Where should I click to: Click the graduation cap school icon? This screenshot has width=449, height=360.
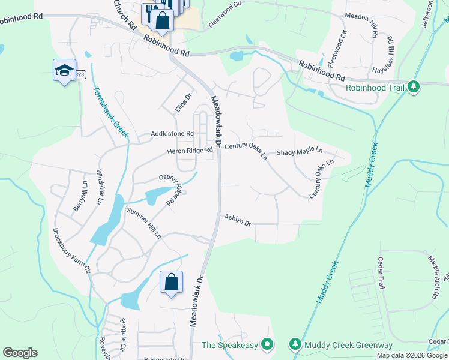coord(64,71)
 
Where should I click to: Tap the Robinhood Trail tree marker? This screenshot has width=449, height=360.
coord(413,87)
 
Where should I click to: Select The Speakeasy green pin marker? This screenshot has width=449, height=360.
coord(268,344)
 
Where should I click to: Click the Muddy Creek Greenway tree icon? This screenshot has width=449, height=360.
coord(295,344)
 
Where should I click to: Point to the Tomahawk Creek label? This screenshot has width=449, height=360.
coord(111,112)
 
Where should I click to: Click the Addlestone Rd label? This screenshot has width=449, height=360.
coord(173,133)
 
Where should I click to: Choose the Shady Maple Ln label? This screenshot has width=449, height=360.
coord(300,152)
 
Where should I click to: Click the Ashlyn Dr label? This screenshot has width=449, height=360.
coord(237,220)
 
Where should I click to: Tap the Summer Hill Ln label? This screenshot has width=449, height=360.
coord(144,223)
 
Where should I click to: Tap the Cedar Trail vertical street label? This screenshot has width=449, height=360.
coord(381,273)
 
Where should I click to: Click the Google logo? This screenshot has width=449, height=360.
coord(20,353)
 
